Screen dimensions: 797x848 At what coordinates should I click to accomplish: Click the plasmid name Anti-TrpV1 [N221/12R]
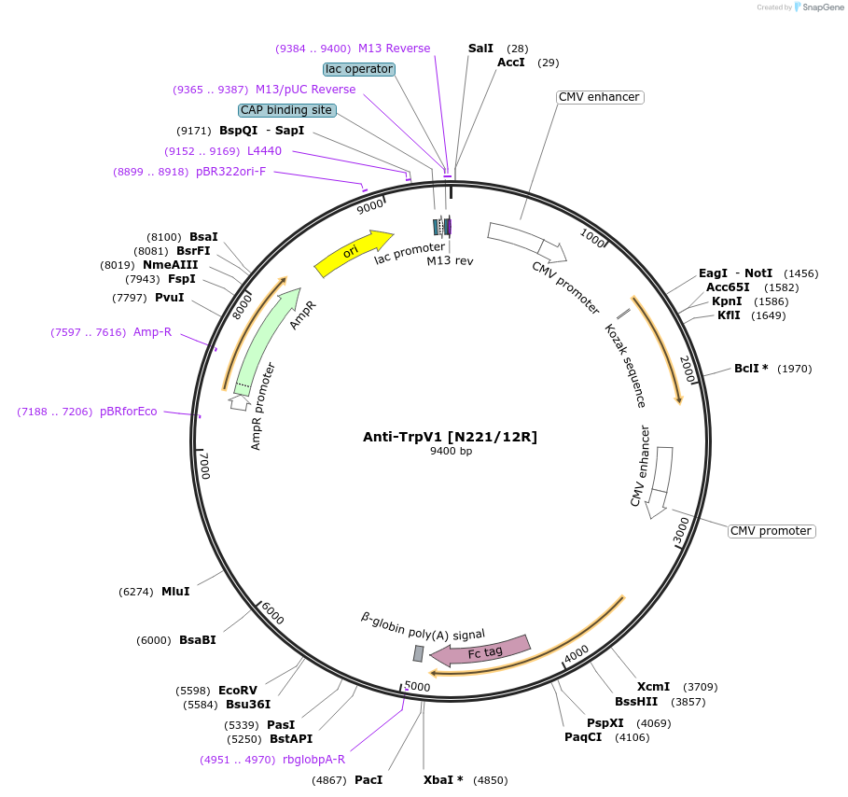click(x=451, y=437)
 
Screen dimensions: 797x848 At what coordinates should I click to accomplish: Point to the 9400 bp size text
click(x=451, y=452)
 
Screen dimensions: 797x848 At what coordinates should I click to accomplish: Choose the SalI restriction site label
click(x=480, y=48)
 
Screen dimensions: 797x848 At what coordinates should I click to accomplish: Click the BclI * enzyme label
click(x=751, y=369)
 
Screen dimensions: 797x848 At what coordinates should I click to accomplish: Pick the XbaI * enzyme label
click(x=443, y=779)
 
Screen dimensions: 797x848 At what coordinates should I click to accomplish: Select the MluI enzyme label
click(x=175, y=592)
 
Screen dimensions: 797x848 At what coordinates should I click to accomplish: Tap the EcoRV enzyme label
click(x=237, y=691)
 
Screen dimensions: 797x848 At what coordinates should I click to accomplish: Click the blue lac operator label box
click(x=359, y=69)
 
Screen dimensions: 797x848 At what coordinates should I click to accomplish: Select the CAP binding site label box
click(x=286, y=110)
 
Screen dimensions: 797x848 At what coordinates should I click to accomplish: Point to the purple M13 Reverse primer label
click(x=394, y=49)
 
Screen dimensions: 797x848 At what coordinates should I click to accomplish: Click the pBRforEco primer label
click(x=129, y=412)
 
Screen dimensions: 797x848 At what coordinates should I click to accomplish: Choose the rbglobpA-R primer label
click(x=313, y=760)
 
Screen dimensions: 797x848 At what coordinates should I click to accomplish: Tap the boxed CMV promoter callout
click(x=771, y=531)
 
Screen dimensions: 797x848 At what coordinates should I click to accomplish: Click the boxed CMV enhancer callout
click(x=599, y=97)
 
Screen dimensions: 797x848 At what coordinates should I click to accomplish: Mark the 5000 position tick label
click(x=417, y=688)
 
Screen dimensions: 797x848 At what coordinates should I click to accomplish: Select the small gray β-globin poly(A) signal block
click(x=419, y=653)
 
